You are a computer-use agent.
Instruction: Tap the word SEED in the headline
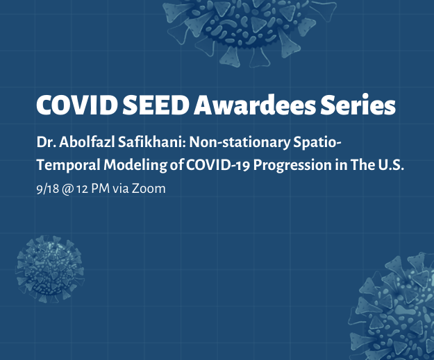(x=156, y=105)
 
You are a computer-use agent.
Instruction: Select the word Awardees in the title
(x=255, y=105)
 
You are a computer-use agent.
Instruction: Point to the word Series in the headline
(x=358, y=105)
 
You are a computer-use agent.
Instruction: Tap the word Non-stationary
(x=240, y=143)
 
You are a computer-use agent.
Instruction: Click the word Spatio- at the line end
(x=317, y=143)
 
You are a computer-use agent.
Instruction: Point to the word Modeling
(x=135, y=165)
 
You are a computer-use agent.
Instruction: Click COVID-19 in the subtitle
(x=218, y=165)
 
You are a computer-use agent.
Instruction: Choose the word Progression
(x=292, y=165)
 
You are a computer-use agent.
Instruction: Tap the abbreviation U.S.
(x=391, y=165)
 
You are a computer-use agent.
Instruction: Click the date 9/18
(x=48, y=189)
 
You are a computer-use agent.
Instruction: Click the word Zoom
(x=149, y=189)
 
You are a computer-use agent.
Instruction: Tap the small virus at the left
(x=50, y=268)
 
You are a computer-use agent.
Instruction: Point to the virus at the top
(x=249, y=28)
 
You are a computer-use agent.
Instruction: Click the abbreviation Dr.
(x=46, y=142)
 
